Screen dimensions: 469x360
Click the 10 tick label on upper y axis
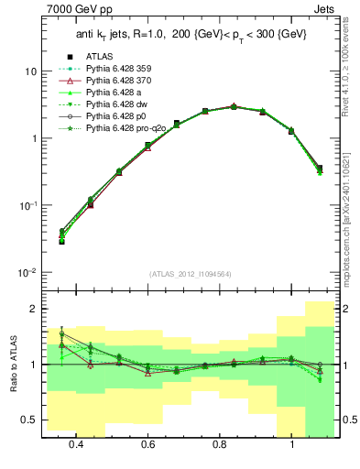(29, 71)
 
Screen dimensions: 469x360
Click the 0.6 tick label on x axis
(147, 443)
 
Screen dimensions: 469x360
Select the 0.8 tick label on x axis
(219, 443)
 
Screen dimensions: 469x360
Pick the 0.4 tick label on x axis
(76, 443)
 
